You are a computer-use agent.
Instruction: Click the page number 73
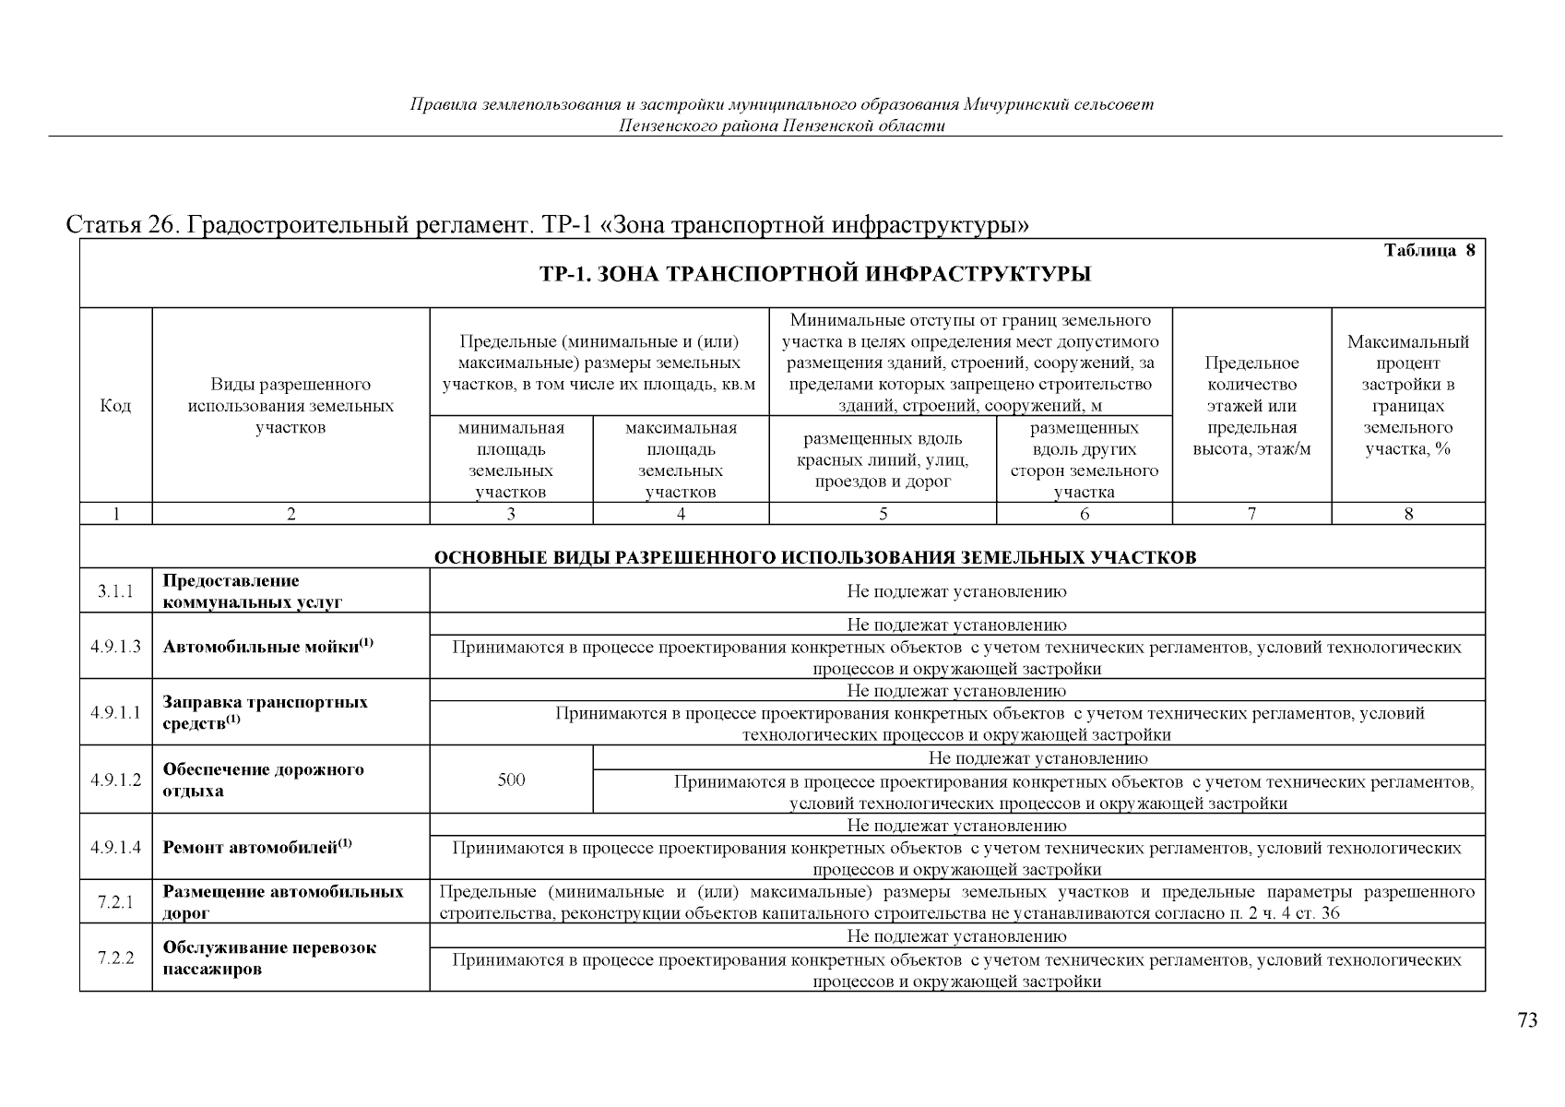(1527, 1020)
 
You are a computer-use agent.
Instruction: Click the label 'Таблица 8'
(1429, 251)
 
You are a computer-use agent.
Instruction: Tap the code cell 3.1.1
(115, 591)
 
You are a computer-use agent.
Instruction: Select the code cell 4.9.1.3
(115, 646)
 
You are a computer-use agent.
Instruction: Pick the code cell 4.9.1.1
(115, 712)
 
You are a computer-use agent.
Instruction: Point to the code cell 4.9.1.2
(115, 780)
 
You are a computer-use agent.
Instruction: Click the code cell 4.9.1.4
(115, 846)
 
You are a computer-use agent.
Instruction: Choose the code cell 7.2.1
(115, 902)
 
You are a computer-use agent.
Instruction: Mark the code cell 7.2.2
(115, 958)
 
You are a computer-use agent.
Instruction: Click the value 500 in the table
(511, 780)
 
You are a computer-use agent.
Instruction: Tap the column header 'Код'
(115, 406)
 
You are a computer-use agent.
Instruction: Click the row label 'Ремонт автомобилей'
(257, 846)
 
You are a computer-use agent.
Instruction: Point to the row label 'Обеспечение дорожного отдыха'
(264, 780)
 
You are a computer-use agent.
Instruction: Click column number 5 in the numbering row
(883, 514)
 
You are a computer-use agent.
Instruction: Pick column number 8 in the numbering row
(1408, 514)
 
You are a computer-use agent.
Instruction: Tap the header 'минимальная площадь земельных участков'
(511, 459)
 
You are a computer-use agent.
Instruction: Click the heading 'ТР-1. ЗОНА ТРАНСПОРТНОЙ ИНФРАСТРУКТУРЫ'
(814, 274)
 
